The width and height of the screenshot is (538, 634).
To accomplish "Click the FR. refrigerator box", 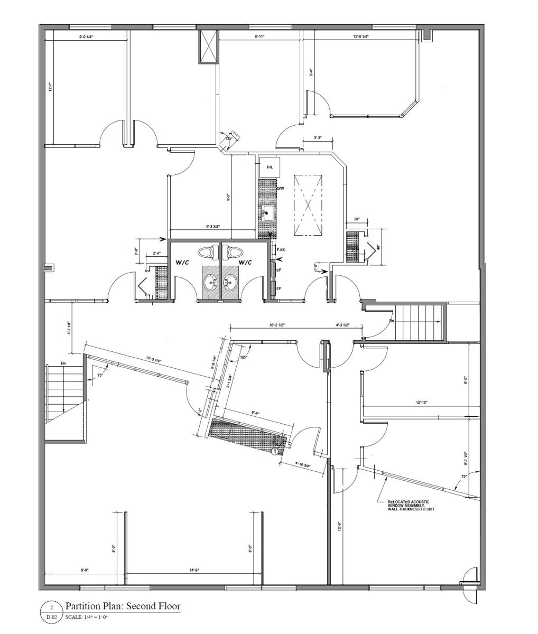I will tap(270, 167).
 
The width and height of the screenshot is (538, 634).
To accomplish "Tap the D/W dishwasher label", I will tap(281, 189).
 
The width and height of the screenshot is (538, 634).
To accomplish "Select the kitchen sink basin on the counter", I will tap(268, 213).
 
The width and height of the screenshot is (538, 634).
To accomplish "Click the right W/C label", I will tap(245, 262).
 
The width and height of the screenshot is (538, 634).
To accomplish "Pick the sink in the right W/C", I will tap(230, 283).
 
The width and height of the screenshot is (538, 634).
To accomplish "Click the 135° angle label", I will tap(228, 138).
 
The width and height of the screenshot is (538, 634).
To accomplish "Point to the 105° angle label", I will tap(244, 357).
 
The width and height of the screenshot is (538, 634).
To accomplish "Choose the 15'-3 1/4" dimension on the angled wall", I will tap(154, 359).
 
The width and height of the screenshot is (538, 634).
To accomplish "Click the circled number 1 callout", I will tap(274, 451).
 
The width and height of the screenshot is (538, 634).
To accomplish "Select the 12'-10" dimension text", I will tap(421, 403).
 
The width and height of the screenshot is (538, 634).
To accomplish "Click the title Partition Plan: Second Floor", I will tap(123, 606).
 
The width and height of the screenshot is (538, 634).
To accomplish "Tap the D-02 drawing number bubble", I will tap(51, 617).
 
